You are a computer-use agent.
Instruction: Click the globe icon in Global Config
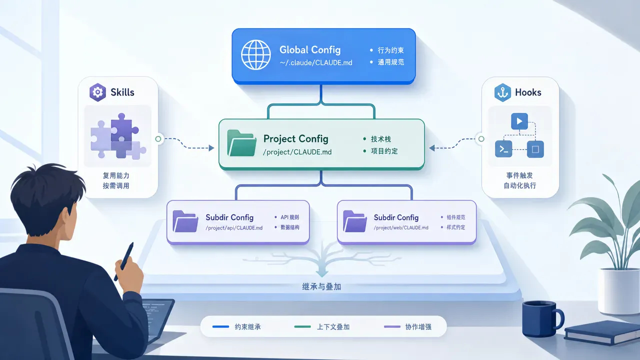click(255, 54)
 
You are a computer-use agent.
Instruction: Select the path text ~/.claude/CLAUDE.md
click(316, 62)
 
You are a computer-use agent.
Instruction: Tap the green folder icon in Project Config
click(241, 143)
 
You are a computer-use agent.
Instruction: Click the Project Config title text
click(295, 139)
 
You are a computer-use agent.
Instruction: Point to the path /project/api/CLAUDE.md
click(234, 227)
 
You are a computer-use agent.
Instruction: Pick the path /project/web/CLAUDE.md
click(401, 227)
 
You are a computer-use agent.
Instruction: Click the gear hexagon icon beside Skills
click(97, 92)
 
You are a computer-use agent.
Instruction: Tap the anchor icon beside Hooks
click(502, 92)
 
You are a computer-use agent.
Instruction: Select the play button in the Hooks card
click(519, 121)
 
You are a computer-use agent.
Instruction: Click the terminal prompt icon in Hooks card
click(503, 149)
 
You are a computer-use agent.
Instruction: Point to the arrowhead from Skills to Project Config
click(211, 148)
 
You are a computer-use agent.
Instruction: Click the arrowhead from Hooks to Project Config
click(432, 148)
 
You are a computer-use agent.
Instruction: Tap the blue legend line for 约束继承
click(220, 326)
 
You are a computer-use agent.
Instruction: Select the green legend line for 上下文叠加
click(302, 326)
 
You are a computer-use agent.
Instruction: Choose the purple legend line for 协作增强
click(392, 326)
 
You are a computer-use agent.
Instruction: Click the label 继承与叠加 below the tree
click(321, 286)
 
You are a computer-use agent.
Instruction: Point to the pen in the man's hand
click(124, 261)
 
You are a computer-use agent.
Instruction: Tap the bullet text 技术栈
click(381, 139)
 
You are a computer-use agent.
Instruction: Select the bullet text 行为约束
click(391, 50)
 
